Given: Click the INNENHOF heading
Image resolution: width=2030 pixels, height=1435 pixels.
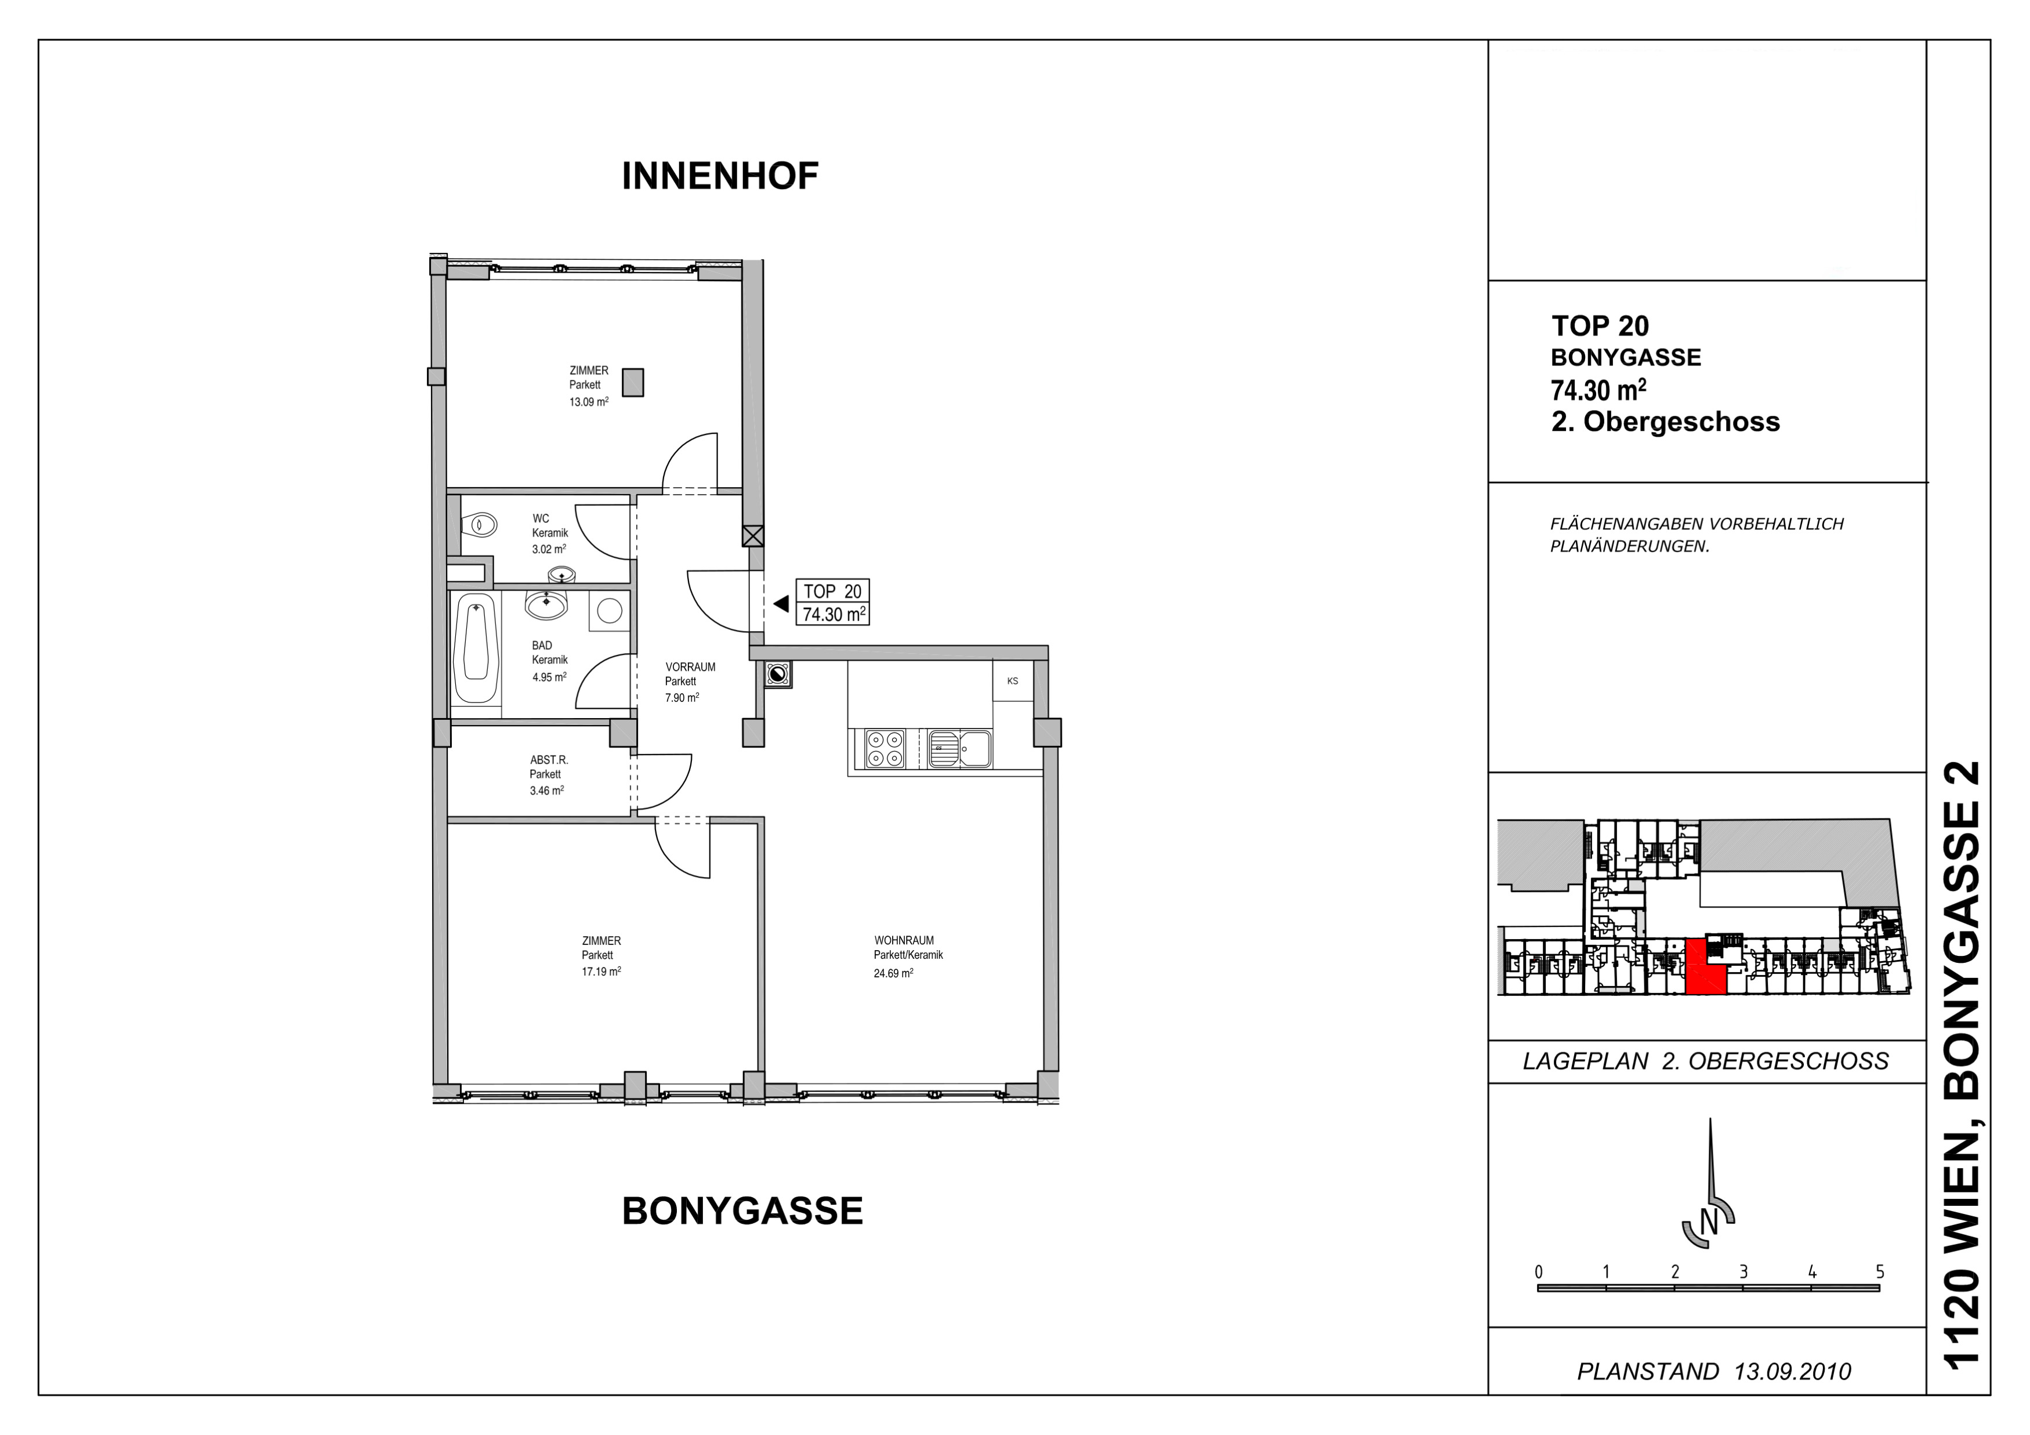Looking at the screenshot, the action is tap(720, 176).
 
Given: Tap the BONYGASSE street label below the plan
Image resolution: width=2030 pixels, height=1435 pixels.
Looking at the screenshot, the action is tap(742, 1211).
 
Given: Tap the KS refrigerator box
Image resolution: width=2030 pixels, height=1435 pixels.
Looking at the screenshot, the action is tap(1012, 681).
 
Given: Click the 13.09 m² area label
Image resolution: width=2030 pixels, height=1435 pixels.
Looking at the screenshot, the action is tap(589, 401).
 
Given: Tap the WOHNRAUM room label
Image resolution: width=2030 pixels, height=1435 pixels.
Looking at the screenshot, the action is tap(904, 941).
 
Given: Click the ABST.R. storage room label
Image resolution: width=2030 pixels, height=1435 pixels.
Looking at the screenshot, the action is tap(549, 759).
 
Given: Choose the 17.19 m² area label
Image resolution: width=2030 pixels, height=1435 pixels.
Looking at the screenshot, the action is tap(601, 972).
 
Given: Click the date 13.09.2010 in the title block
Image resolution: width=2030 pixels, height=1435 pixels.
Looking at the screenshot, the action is tap(1792, 1371).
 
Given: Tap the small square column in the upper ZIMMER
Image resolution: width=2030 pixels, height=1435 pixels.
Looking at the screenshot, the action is tap(633, 383).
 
